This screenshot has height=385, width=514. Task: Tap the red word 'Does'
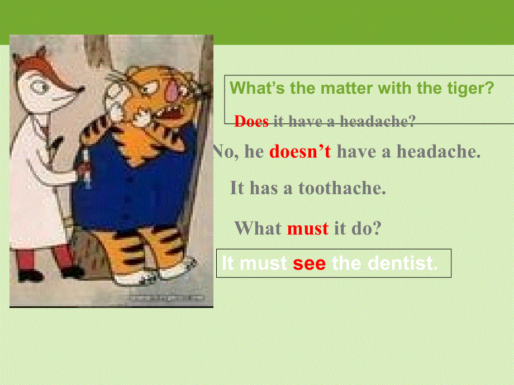(251, 122)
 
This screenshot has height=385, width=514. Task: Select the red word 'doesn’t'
(300, 152)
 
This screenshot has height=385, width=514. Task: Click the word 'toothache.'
(342, 188)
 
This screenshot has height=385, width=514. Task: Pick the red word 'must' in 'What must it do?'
(307, 228)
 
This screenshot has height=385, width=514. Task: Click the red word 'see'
(309, 263)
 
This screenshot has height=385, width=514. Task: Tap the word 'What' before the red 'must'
(258, 228)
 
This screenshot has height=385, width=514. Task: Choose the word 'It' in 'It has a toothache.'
(237, 188)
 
